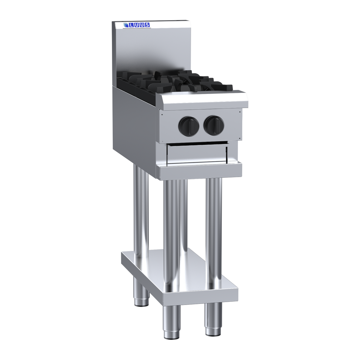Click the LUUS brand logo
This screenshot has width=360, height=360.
coord(136,25)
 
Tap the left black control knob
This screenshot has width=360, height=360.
coord(189,125)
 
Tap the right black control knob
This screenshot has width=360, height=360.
coord(214,125)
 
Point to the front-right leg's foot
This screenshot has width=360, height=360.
coord(213,330)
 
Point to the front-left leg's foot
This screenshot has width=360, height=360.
coord(172,334)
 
